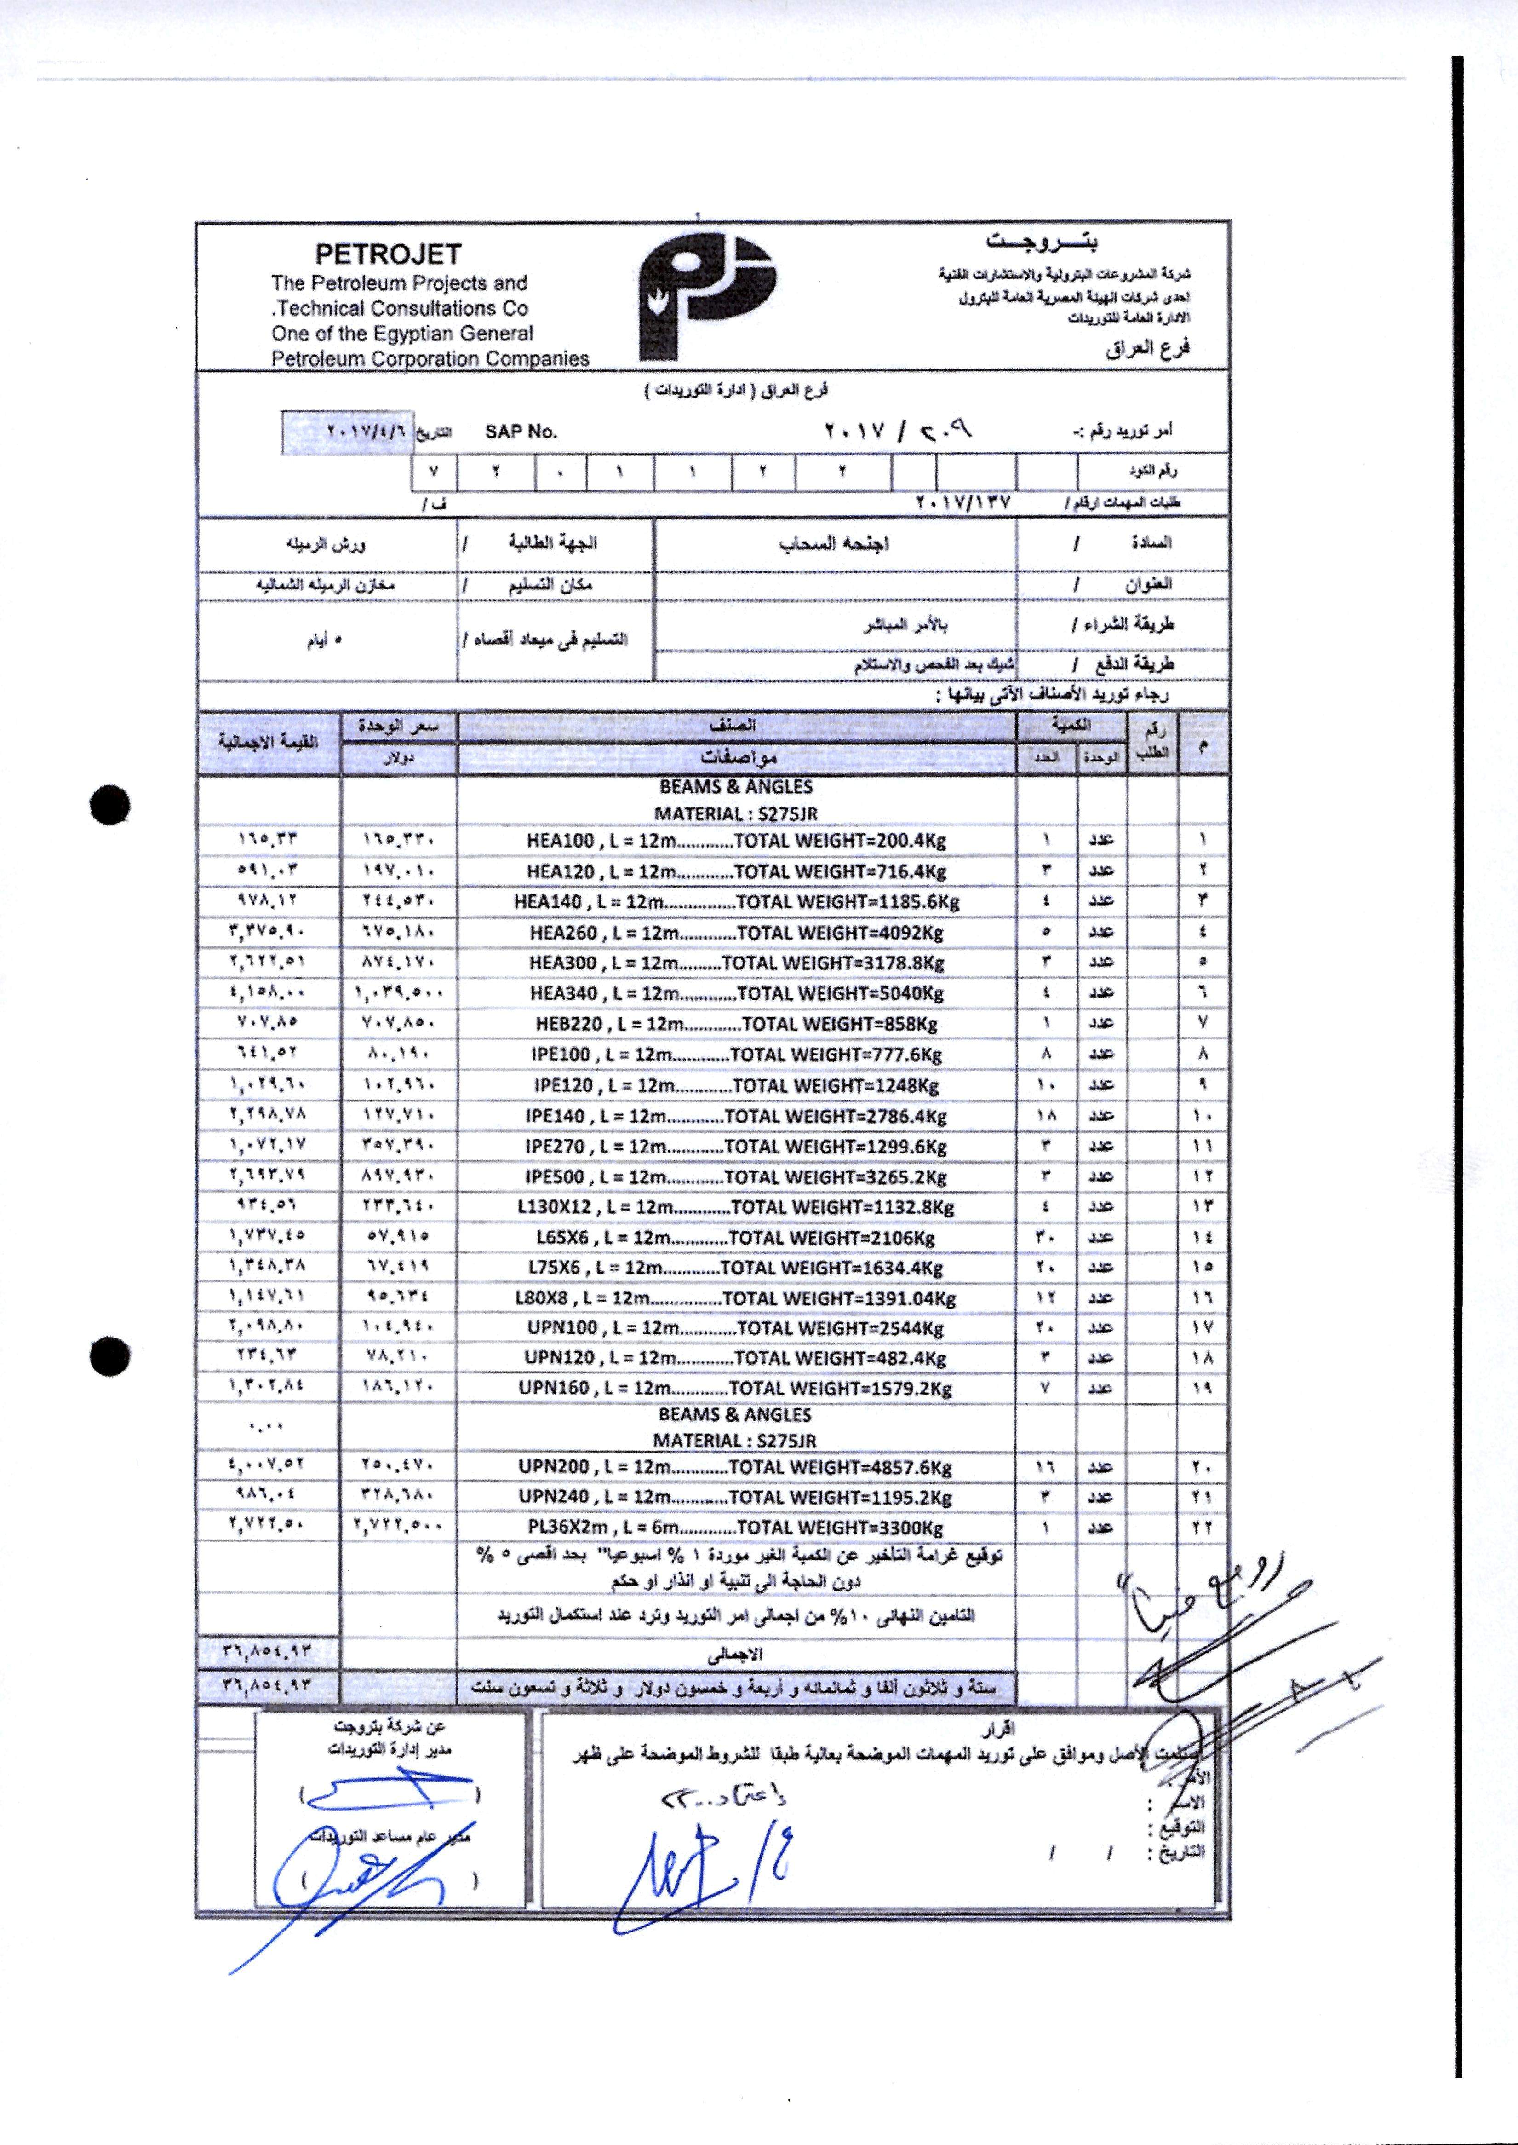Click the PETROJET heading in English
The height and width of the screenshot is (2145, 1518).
pyautogui.click(x=388, y=254)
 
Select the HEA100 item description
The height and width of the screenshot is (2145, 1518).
pyautogui.click(x=737, y=841)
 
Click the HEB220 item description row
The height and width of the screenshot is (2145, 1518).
pyautogui.click(x=737, y=1024)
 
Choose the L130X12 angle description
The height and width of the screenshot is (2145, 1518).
pyautogui.click(x=737, y=1207)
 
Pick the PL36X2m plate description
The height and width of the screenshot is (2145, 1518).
pyautogui.click(x=737, y=1528)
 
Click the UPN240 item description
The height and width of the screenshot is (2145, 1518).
pyautogui.click(x=737, y=1497)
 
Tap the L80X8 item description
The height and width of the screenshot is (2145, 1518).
pyautogui.click(x=737, y=1299)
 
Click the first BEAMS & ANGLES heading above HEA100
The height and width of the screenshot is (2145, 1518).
pyautogui.click(x=737, y=787)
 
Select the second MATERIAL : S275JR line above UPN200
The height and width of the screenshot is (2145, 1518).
pyautogui.click(x=737, y=1441)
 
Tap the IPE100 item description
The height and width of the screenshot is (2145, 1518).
pyautogui.click(x=737, y=1055)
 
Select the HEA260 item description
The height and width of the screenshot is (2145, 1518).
pyautogui.click(x=737, y=932)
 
